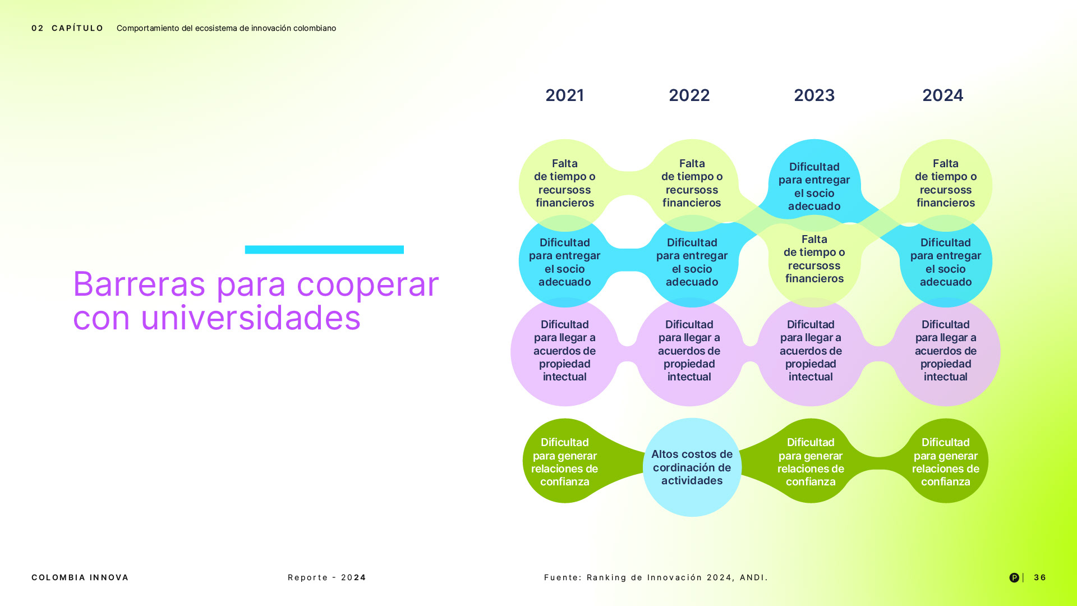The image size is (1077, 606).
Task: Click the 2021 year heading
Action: [x=564, y=95]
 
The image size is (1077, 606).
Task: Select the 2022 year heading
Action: [x=689, y=95]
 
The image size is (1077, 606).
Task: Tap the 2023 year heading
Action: [x=814, y=95]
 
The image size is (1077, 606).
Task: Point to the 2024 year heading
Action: [x=942, y=95]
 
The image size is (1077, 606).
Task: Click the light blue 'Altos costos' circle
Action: [x=692, y=467]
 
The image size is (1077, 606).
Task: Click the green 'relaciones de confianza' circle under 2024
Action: [x=946, y=461]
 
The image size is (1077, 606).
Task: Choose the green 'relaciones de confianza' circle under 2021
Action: [x=565, y=461]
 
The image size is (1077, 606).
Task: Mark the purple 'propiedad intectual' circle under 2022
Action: [x=689, y=352]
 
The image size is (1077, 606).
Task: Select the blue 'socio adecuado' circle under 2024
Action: [x=946, y=261]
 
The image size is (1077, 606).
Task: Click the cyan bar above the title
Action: [x=324, y=250]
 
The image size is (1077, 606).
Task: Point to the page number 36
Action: [x=1040, y=577]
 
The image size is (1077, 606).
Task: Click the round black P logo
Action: [x=1014, y=577]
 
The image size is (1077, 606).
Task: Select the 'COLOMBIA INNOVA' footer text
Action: [x=80, y=577]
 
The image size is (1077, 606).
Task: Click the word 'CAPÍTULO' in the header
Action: [x=77, y=28]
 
